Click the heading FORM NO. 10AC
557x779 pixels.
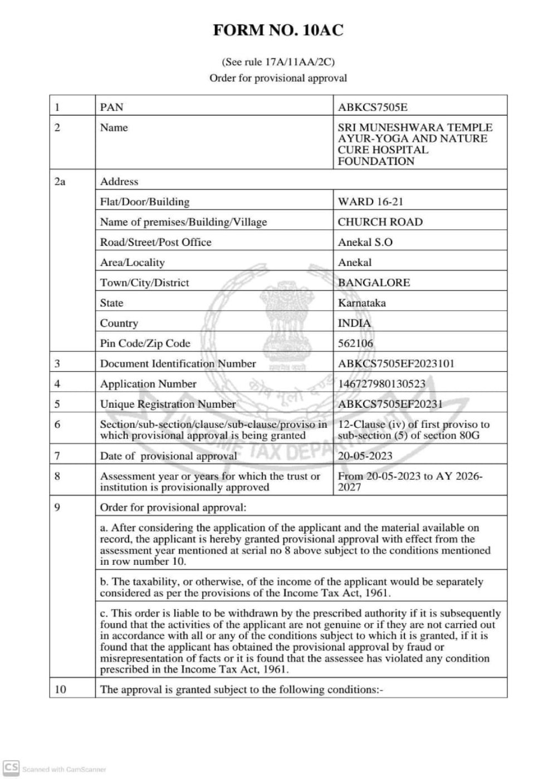[x=278, y=30]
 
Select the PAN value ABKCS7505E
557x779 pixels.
[x=372, y=107]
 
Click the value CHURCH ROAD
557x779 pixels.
[x=380, y=221]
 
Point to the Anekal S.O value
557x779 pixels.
[x=365, y=242]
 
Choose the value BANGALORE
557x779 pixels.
[x=374, y=282]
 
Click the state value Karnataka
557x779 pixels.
[x=361, y=303]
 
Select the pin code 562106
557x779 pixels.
[x=355, y=343]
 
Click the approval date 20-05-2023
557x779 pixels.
[x=365, y=456]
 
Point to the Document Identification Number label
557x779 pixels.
[x=178, y=363]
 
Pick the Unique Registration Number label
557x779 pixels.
[x=168, y=404]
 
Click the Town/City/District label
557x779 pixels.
[x=144, y=282]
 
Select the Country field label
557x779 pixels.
[x=119, y=323]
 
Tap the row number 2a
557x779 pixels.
[x=60, y=181]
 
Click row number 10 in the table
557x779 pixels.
[x=60, y=689]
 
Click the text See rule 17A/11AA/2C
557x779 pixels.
[x=278, y=62]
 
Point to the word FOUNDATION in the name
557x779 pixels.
[x=376, y=161]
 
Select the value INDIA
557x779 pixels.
[x=354, y=323]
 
